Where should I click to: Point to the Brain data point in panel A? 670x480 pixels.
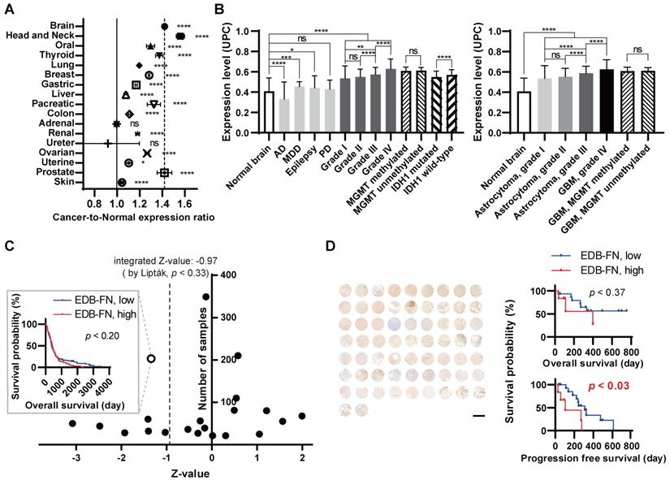[165, 26]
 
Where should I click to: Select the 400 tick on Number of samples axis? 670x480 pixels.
[229, 275]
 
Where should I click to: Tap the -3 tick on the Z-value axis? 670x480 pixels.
[77, 457]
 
